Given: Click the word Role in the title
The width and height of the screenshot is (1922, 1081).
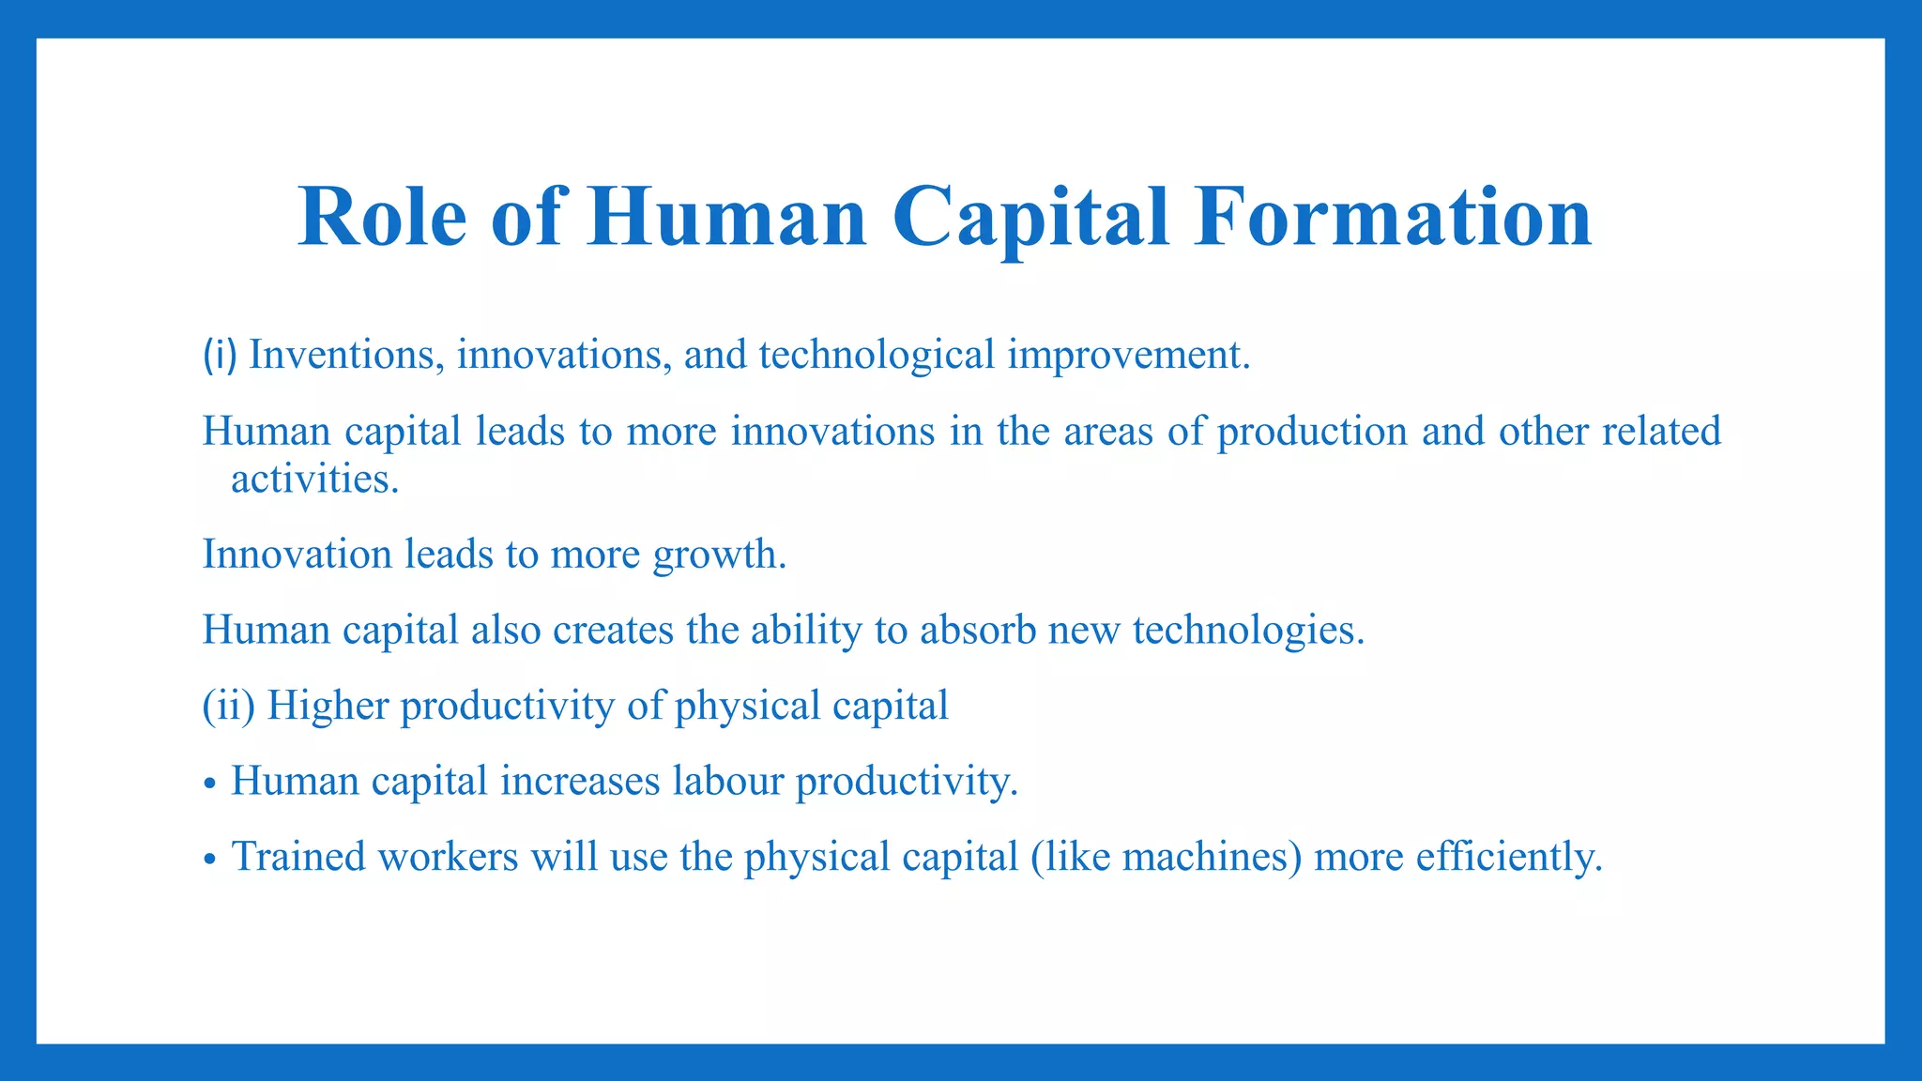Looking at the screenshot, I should [x=382, y=217].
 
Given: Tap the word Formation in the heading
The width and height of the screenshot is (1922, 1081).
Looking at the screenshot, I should [x=1393, y=217].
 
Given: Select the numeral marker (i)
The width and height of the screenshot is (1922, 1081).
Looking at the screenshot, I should [x=220, y=355].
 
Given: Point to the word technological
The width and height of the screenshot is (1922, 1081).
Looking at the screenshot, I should [x=877, y=355].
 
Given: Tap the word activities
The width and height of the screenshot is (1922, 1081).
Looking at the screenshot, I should [x=313, y=480].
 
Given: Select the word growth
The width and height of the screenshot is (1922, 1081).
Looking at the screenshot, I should [x=719, y=555].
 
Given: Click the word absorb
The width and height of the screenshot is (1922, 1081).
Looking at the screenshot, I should [x=978, y=630].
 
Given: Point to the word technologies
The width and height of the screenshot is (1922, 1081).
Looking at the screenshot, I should [x=1248, y=630].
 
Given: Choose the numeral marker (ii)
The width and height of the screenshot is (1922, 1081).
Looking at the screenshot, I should [x=229, y=706].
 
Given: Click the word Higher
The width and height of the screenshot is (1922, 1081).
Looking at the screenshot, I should [x=328, y=706].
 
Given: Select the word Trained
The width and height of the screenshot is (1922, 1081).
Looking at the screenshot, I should [x=298, y=857].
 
